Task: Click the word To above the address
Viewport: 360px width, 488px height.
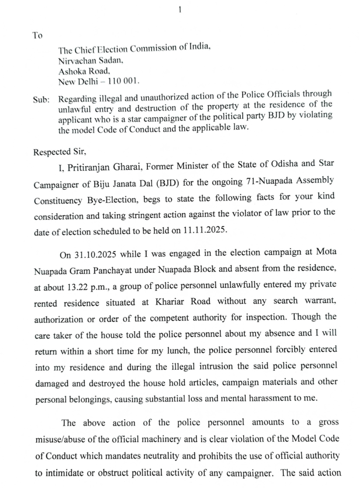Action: pos(37,35)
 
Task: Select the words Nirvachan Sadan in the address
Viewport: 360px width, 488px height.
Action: pos(90,61)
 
